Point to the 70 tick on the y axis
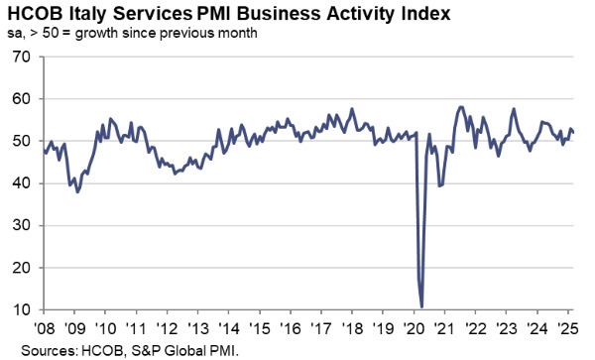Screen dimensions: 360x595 click(x=19, y=57)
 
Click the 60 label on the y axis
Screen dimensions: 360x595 click(x=19, y=99)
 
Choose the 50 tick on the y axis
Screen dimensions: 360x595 click(x=19, y=142)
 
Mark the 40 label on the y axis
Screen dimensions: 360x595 click(x=19, y=184)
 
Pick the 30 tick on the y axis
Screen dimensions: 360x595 click(x=19, y=226)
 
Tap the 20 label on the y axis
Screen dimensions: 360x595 click(x=19, y=269)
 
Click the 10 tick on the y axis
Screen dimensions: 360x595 click(x=19, y=311)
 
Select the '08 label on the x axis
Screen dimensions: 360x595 click(x=46, y=328)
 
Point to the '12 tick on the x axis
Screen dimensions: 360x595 click(x=169, y=328)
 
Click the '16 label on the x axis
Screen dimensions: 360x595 click(x=293, y=328)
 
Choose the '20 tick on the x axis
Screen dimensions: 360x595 click(x=416, y=328)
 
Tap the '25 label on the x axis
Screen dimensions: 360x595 click(x=569, y=328)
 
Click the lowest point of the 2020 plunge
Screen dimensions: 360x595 click(x=422, y=306)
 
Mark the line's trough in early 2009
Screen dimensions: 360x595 click(x=77, y=190)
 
